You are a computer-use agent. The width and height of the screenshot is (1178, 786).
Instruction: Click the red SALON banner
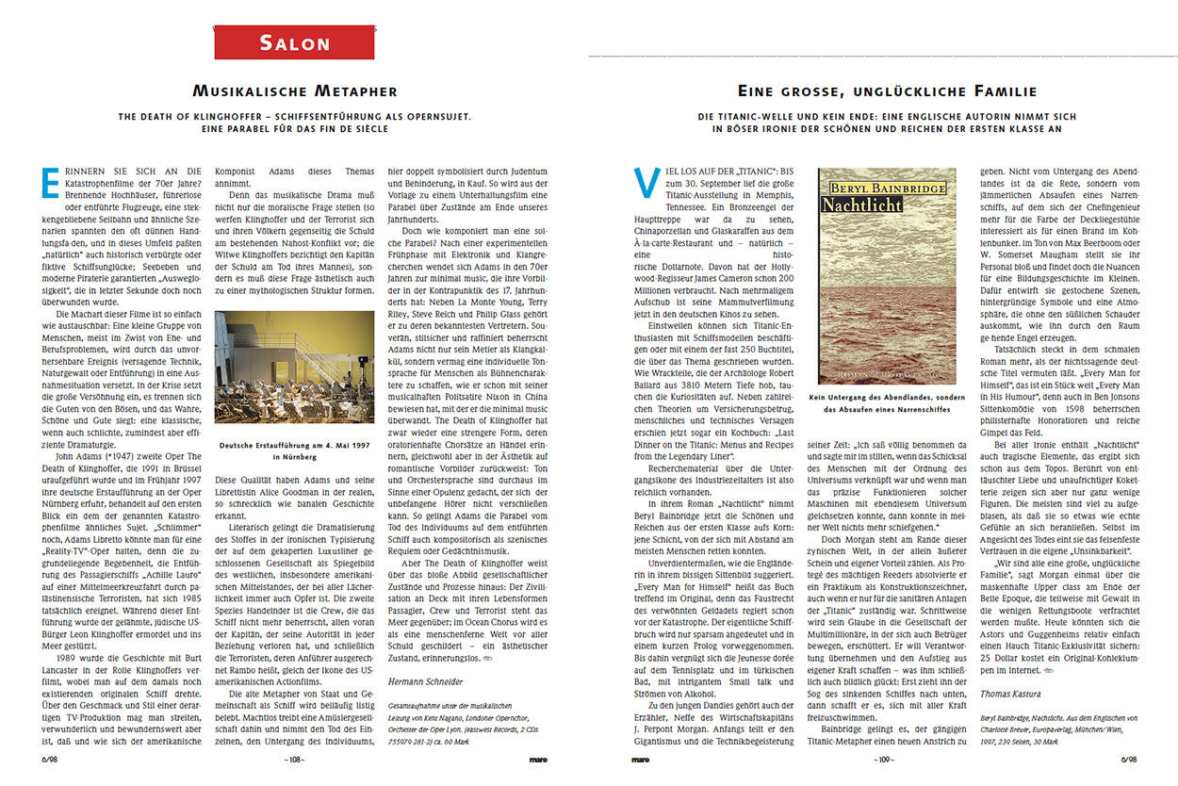295,42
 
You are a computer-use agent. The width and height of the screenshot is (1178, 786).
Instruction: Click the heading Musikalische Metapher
295,91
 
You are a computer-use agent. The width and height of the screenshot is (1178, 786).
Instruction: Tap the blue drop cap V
646,183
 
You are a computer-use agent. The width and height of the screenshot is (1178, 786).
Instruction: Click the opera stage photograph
295,368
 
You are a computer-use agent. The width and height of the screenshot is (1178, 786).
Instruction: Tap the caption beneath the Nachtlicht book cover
886,403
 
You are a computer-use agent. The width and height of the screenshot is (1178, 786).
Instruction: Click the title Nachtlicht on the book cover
859,205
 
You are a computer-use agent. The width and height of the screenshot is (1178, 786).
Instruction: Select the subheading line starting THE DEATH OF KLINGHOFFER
295,117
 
